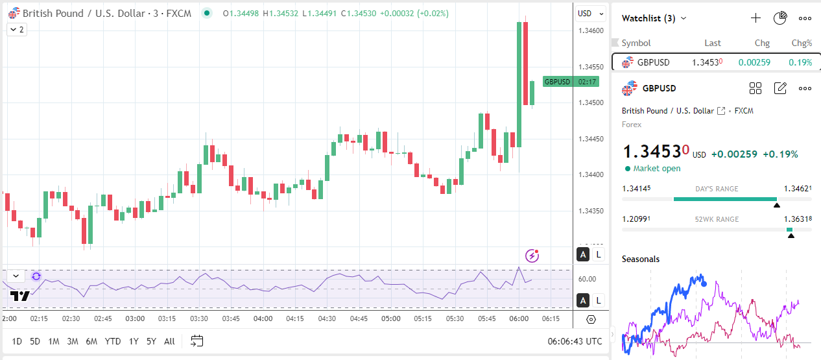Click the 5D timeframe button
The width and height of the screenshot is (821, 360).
35,341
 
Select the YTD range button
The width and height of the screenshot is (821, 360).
113,341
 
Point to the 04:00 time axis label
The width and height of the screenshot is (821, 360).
263,319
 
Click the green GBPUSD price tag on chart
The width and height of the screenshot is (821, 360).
557,82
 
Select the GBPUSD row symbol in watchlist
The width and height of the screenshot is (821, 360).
653,62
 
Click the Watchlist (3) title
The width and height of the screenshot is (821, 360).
649,18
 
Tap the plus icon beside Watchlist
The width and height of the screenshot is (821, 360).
756,18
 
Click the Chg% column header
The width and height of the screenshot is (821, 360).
802,43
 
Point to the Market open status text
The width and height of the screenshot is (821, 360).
657,169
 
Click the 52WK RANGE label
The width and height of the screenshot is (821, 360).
716,219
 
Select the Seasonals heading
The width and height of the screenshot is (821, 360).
641,259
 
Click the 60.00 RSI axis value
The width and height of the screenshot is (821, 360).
587,279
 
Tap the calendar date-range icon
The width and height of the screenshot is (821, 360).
197,341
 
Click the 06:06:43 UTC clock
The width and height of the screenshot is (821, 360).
574,341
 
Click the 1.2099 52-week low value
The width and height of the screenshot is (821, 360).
636,219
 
